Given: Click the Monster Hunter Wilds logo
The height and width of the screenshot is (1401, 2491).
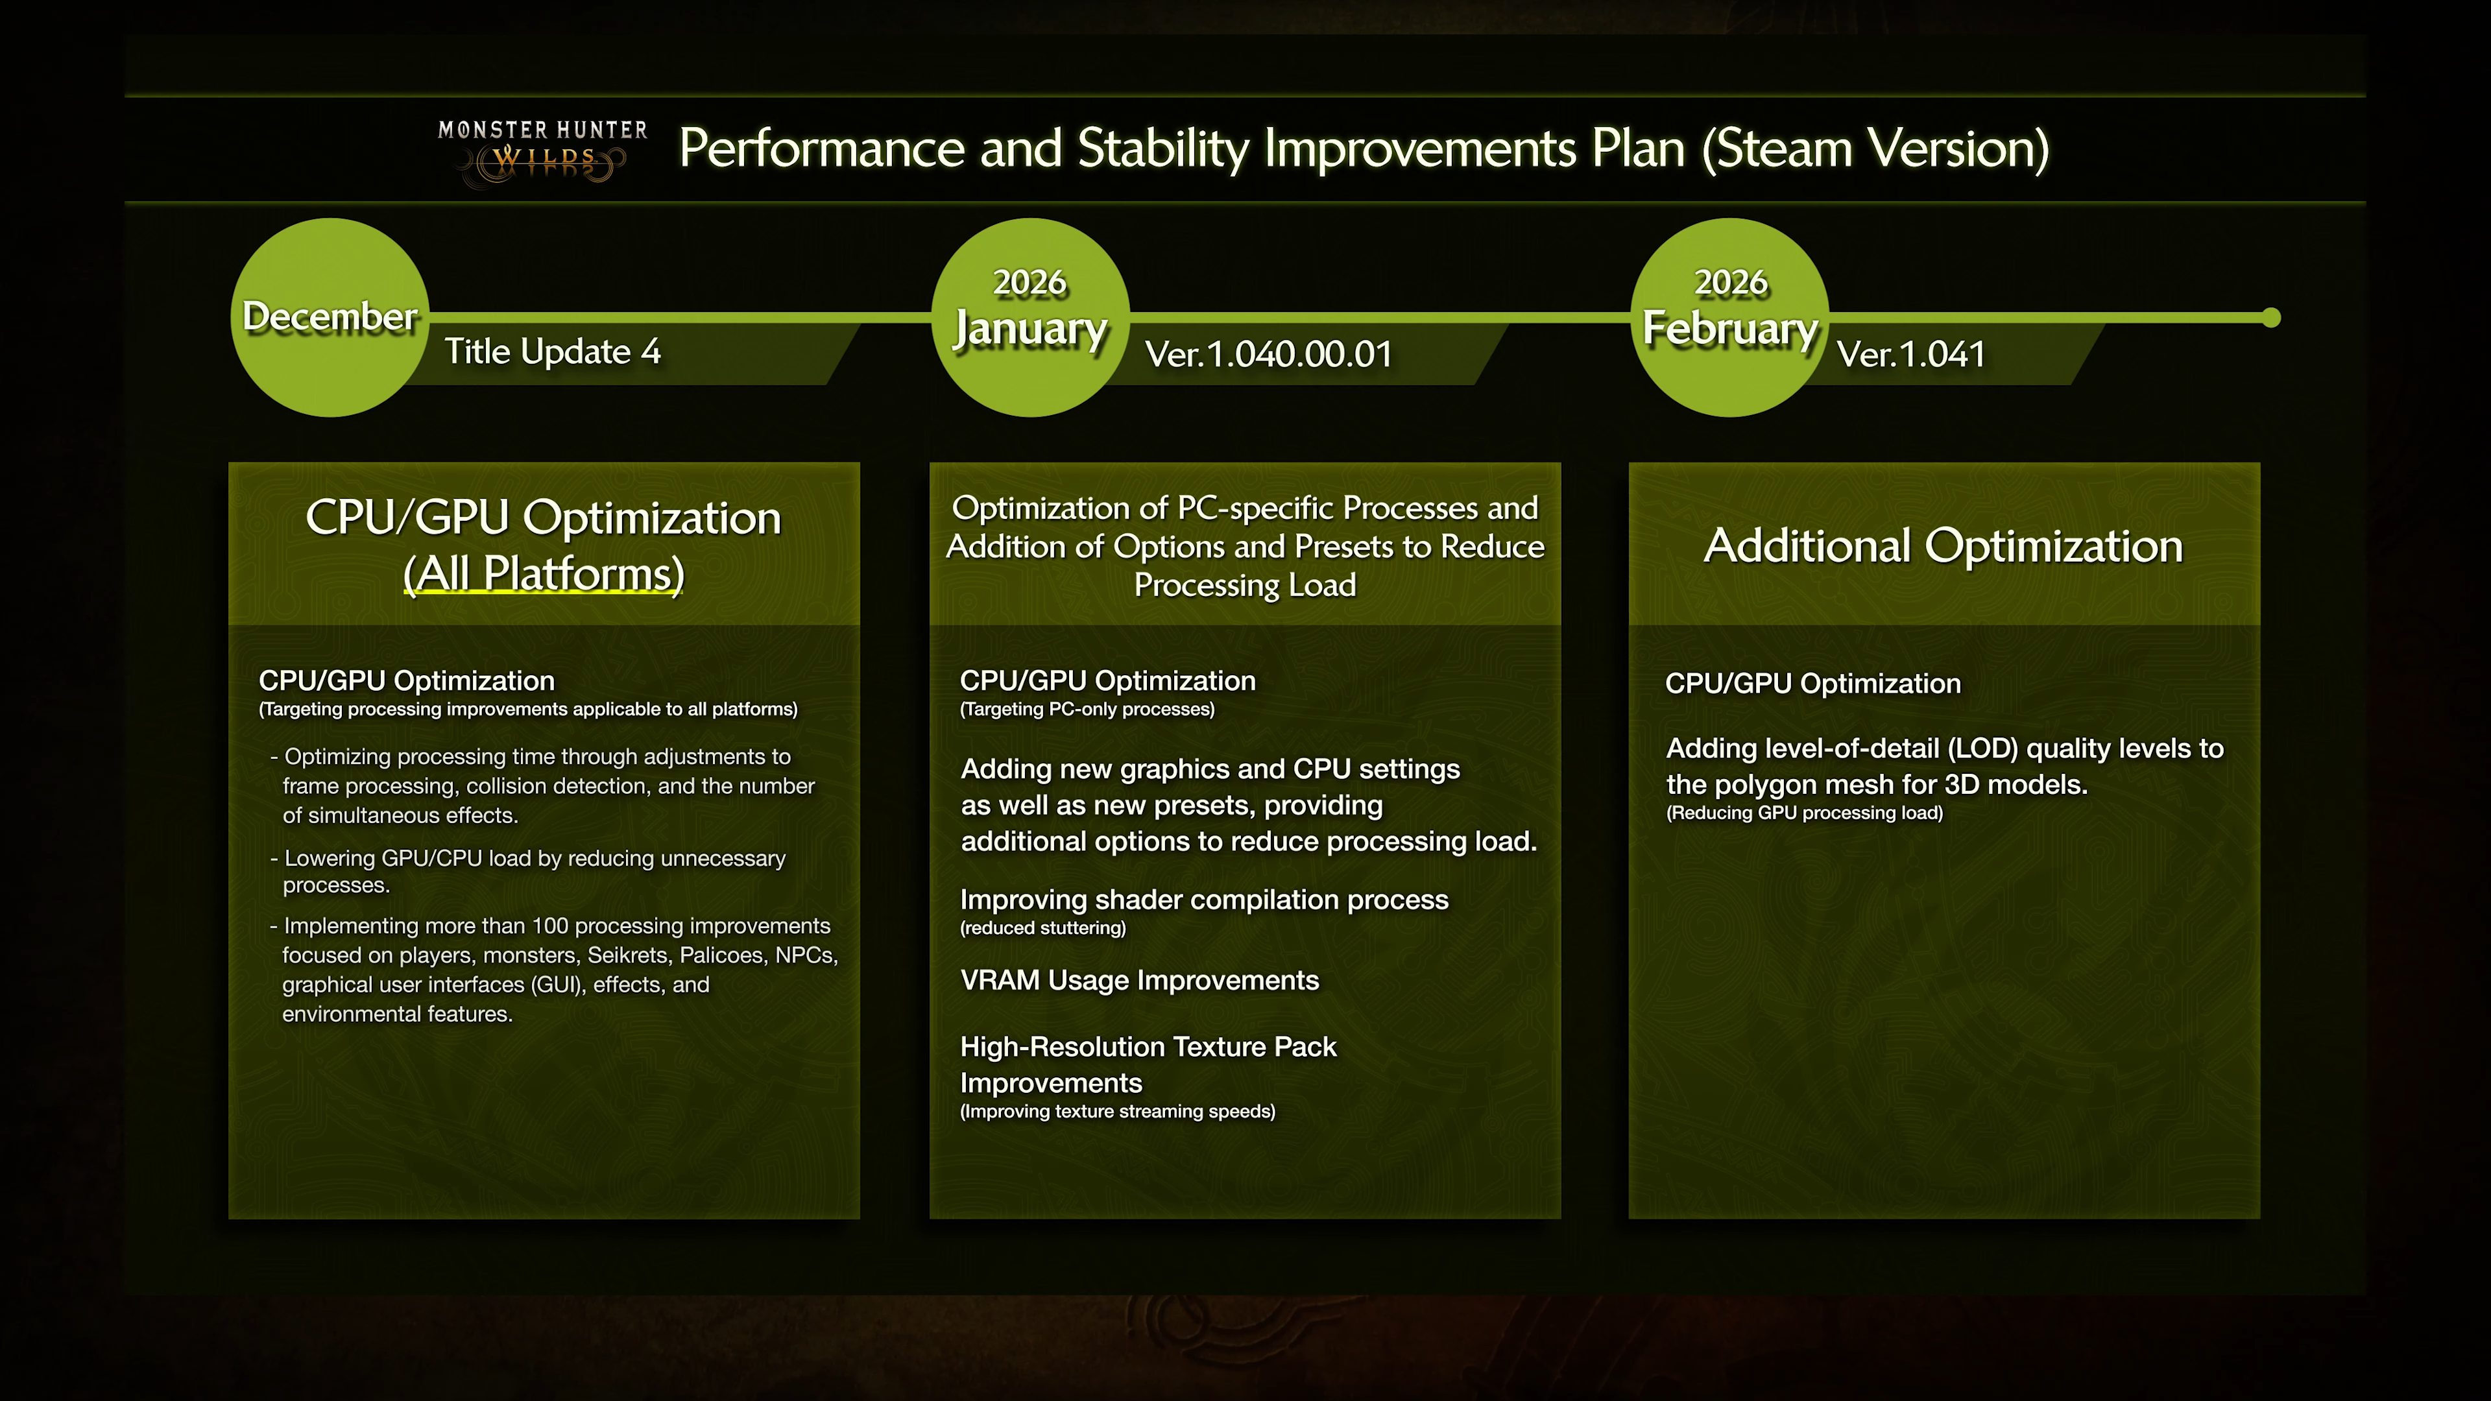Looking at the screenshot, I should pos(542,150).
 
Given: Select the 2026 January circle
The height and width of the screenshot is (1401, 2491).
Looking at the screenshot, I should pos(1030,317).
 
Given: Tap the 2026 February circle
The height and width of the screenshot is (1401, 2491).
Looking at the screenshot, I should pos(1730,317).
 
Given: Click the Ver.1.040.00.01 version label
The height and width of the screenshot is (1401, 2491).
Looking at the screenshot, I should pos(1268,355).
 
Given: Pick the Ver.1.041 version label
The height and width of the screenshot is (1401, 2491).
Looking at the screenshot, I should pos(1911,355).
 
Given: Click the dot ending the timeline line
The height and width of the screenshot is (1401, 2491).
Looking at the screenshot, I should pos(2272,317).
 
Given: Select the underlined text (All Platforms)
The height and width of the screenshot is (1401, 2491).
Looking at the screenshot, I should pos(544,573).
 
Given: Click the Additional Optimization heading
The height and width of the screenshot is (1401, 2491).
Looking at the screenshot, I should pos(1943,546).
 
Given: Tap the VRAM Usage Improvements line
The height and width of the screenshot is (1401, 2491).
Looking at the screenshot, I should pos(1139,981).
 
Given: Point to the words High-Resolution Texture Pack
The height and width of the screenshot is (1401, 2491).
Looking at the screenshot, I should pos(1148,1047).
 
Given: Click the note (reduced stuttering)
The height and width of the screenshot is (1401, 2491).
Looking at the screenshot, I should pos(1042,928).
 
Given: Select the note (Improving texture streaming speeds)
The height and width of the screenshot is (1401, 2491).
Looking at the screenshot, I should pos(1117,1112).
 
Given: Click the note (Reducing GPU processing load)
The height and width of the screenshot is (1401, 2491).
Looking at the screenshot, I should pos(1803,813).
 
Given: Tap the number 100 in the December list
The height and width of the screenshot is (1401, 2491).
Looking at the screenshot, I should pos(549,926).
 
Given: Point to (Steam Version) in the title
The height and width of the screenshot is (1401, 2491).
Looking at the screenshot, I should pos(1874,149).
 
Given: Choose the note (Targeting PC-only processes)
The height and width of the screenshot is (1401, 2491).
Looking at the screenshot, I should pos(1087,710).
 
